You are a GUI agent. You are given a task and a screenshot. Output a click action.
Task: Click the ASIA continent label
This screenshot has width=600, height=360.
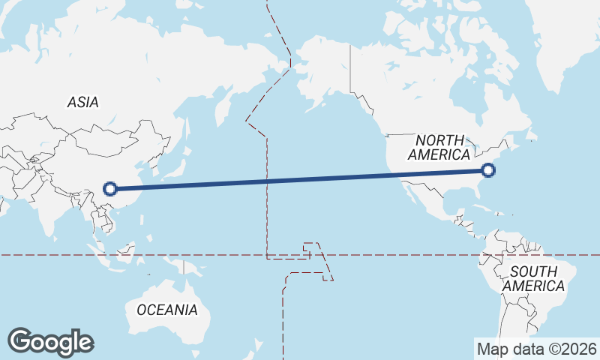point(82,102)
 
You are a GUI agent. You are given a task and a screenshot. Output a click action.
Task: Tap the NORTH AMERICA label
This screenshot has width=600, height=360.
point(438,147)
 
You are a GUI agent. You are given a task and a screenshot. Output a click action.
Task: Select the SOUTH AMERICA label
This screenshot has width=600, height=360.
point(533,278)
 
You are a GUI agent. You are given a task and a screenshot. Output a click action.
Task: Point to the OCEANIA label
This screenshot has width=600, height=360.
point(166,309)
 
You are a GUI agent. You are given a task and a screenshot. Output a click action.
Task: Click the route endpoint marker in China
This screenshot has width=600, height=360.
point(110,189)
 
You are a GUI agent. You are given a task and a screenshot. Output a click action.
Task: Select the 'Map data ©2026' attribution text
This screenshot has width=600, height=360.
point(537,349)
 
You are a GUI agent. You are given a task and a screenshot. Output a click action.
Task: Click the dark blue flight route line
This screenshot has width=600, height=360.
point(300,180)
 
